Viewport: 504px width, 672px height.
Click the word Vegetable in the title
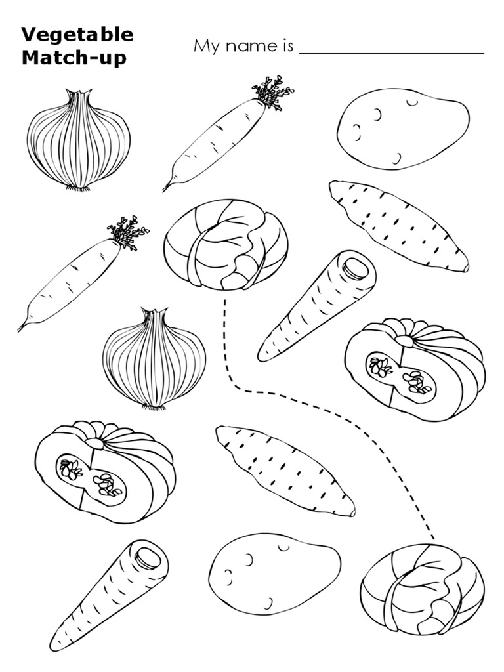(77, 35)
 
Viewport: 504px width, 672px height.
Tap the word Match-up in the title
(73, 57)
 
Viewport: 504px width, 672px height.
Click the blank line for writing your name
(391, 52)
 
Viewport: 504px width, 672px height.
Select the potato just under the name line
(403, 127)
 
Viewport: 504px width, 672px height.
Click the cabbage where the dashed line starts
(225, 244)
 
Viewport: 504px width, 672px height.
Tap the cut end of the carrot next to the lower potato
(150, 558)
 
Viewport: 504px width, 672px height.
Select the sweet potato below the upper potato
(398, 225)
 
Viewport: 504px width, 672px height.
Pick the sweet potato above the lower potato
(285, 469)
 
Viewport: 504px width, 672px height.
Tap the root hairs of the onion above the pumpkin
(153, 407)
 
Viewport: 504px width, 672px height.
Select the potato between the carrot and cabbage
(275, 572)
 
